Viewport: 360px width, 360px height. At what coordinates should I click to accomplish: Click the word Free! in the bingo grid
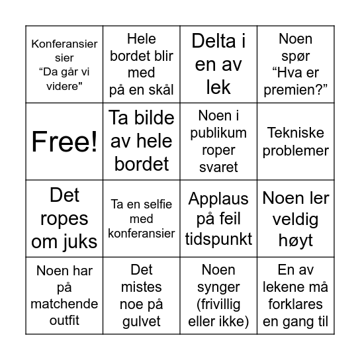coord(65,141)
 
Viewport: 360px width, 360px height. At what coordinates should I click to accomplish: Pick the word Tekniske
coord(295,132)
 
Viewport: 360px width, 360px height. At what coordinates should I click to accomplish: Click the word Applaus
coord(218,199)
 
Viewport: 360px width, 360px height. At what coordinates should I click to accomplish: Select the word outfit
coord(65,321)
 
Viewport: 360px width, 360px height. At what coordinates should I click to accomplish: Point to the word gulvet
coord(142,321)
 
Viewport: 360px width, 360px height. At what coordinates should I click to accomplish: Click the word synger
coord(218,287)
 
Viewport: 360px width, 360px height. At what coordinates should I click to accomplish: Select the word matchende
coord(65,304)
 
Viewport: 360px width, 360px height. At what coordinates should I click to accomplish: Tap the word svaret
coord(218,166)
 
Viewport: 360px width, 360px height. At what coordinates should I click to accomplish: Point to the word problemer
coord(295,150)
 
